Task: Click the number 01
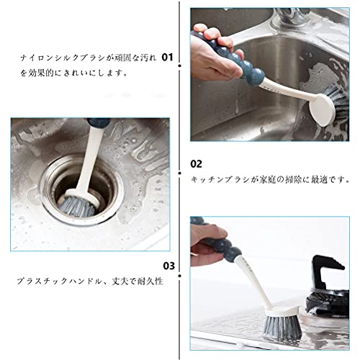(x=167, y=58)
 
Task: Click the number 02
(x=196, y=164)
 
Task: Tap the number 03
(x=169, y=266)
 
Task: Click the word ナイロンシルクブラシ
(x=63, y=58)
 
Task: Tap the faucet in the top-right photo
(x=292, y=17)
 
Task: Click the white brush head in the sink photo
(x=322, y=109)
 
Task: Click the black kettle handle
(x=326, y=272)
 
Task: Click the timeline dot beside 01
(x=179, y=66)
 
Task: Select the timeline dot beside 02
(x=179, y=173)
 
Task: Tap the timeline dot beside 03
(x=179, y=276)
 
